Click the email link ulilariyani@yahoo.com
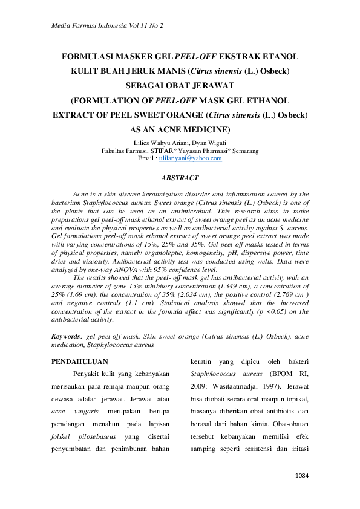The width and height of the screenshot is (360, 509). [x=190, y=158]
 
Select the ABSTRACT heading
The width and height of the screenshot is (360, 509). [x=180, y=178]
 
